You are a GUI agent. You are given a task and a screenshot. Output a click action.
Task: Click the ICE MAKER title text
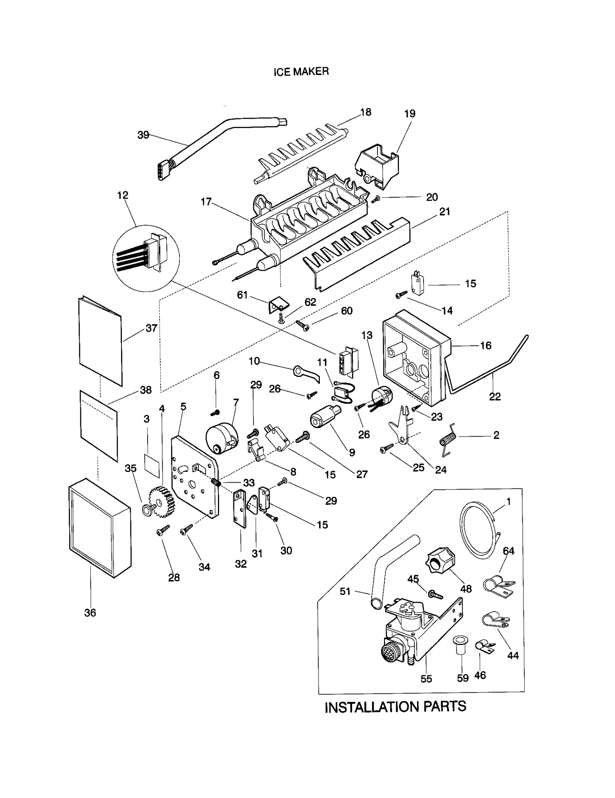[x=301, y=72]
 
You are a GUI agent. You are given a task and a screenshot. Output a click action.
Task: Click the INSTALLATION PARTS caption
[x=395, y=707]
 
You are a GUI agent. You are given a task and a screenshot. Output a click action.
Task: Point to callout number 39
[x=143, y=135]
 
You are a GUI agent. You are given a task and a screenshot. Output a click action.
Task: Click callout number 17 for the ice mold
[x=206, y=202]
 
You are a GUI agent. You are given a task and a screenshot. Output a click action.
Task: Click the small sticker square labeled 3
[x=151, y=465]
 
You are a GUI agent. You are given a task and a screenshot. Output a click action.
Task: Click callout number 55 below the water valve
[x=426, y=679]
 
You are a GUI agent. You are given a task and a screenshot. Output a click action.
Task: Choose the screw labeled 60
[x=303, y=325]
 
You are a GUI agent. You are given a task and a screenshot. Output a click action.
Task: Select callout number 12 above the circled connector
[x=123, y=195]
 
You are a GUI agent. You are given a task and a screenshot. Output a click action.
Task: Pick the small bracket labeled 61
[x=278, y=305]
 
